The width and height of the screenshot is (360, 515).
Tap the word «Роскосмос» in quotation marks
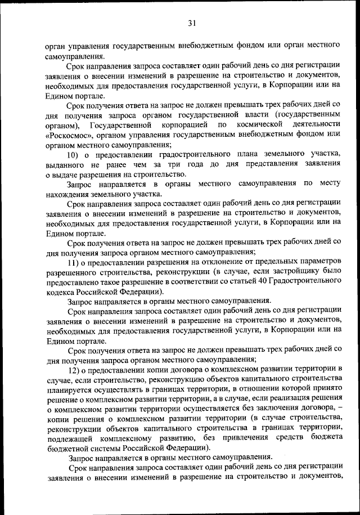point(70,135)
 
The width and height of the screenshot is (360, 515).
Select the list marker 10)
point(73,155)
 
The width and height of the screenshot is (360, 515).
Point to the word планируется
point(67,389)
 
